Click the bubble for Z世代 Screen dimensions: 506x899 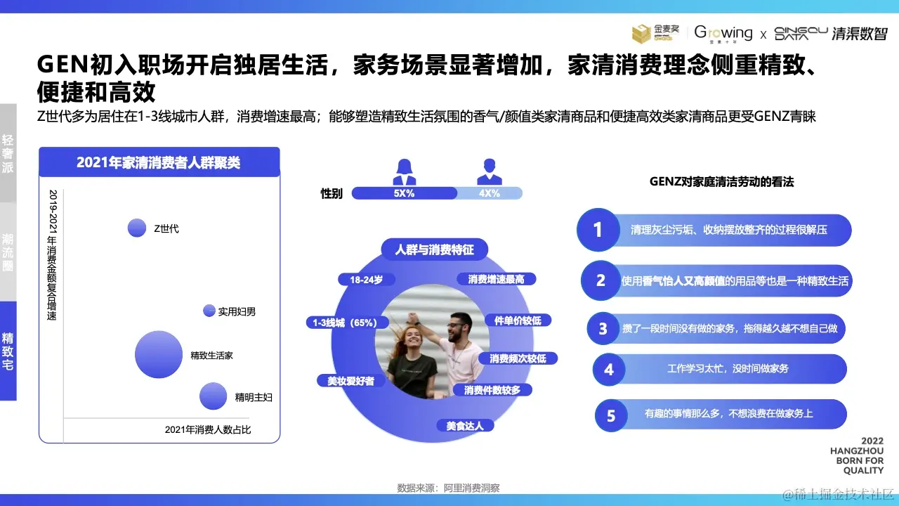136,228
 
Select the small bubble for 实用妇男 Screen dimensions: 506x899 209,311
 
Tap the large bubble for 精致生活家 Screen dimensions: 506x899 158,354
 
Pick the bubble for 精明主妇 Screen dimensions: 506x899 214,396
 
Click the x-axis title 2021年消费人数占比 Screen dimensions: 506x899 208,429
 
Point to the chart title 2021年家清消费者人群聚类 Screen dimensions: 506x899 159,162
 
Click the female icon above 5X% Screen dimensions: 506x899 404,171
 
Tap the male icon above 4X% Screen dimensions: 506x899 489,171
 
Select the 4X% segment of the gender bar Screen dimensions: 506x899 489,193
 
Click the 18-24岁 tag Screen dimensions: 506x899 366,279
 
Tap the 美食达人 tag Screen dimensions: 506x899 464,425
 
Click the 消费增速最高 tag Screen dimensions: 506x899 496,279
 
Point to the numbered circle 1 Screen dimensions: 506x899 598,230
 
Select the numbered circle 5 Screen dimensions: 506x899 611,415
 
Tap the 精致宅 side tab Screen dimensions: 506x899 8,351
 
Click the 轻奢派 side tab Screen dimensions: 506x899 8,153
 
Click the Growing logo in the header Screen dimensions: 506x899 723,33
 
